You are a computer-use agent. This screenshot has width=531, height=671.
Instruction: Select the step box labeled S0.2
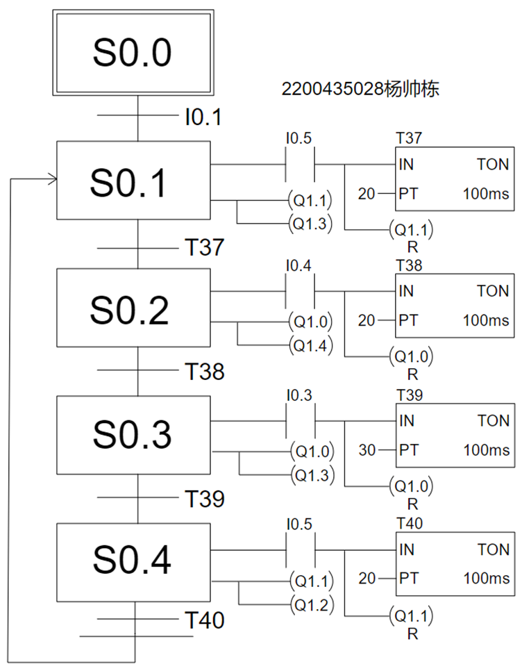pos(133,308)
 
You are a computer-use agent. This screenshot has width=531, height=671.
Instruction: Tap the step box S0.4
pos(133,562)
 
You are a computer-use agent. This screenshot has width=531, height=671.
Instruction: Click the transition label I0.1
pos(203,117)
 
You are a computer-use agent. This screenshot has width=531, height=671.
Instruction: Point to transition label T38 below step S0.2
pos(204,371)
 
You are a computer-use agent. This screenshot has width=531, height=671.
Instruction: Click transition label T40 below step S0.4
pos(204,620)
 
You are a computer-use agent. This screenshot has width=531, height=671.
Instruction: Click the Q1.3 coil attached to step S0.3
pos(312,474)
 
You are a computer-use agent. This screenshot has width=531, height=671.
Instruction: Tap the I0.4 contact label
pos(300,265)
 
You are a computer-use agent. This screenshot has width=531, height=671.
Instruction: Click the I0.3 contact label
pos(300,395)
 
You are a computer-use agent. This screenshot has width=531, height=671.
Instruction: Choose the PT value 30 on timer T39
pos(367,450)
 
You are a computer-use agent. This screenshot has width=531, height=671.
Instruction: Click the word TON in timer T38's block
pos(492,292)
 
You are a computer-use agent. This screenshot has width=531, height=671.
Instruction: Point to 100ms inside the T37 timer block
pos(486,194)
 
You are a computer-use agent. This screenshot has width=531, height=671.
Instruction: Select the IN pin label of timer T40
pos(407,549)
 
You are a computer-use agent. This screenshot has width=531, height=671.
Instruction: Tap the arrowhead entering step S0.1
pos(51,179)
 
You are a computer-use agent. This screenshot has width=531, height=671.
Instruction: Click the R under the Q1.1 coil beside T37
pos(412,245)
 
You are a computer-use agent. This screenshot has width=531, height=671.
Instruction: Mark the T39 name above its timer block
pos(408,395)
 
